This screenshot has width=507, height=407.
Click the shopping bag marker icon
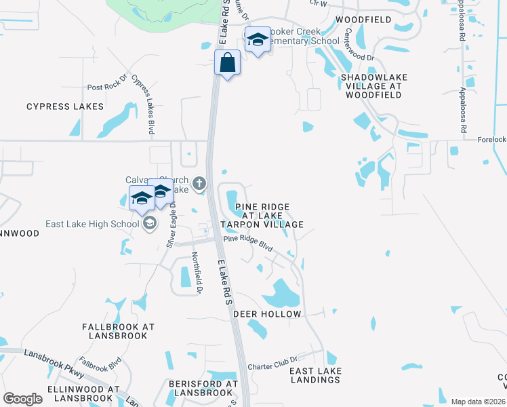[228, 63]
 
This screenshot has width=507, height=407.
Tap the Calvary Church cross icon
[199, 182]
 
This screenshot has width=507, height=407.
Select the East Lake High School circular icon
[150, 224]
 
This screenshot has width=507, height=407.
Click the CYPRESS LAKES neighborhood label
[65, 106]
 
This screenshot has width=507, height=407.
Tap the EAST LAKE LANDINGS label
[315, 375]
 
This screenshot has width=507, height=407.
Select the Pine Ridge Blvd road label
[248, 243]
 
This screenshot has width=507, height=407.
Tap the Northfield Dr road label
[197, 273]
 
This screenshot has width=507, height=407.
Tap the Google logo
[22, 399]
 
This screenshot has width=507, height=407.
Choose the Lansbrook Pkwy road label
[54, 364]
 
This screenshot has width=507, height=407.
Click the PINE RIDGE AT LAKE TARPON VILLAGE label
[264, 215]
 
